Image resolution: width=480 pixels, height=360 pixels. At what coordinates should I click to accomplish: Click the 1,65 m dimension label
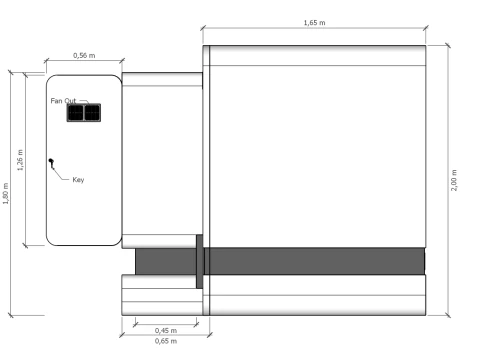(x=314, y=23)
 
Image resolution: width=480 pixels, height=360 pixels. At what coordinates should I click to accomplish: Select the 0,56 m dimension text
(x=84, y=55)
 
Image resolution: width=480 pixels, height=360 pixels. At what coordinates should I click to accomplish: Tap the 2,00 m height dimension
(x=454, y=180)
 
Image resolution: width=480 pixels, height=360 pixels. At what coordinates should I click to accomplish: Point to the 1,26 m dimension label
(x=20, y=160)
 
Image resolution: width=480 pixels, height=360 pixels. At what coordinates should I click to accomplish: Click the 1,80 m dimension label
(x=6, y=193)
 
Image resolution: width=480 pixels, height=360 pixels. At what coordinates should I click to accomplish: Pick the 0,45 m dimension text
(x=166, y=330)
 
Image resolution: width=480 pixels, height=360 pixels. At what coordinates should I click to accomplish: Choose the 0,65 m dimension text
(x=166, y=341)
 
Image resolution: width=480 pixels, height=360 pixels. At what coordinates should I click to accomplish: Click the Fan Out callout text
(x=63, y=101)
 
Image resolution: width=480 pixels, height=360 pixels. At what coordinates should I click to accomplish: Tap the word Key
(x=78, y=180)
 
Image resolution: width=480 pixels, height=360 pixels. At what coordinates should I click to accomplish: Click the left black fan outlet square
(x=76, y=113)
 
